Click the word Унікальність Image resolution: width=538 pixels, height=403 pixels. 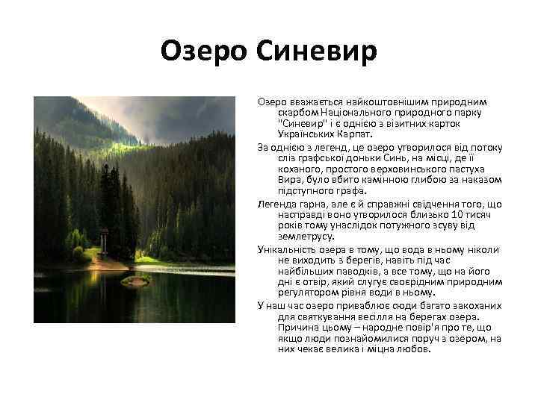pos(290,248)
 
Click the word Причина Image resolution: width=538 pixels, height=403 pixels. pos(299,327)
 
